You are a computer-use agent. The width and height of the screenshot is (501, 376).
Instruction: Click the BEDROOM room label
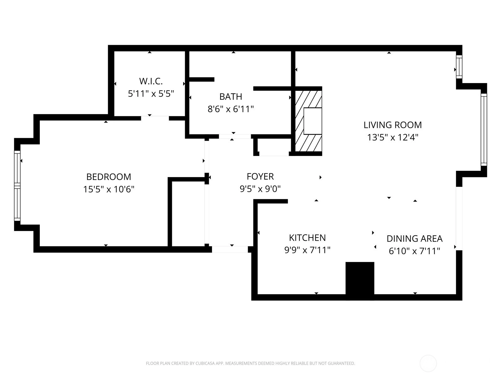click(x=109, y=177)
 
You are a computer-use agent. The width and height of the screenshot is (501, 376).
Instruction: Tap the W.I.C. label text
click(x=151, y=81)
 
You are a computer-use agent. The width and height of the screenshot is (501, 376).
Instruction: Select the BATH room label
click(x=230, y=97)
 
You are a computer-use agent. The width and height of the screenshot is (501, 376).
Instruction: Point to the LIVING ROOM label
click(x=393, y=125)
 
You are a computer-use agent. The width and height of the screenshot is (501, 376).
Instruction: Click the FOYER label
click(x=260, y=176)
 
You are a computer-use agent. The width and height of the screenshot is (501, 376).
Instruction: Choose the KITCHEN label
click(x=307, y=238)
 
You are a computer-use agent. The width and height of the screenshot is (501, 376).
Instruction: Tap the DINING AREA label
click(x=415, y=239)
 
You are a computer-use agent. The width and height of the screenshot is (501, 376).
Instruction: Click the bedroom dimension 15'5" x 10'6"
click(x=109, y=189)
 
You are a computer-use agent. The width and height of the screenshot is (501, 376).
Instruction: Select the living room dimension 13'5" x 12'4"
click(x=393, y=138)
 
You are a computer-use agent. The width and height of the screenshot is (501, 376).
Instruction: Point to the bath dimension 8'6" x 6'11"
click(x=230, y=109)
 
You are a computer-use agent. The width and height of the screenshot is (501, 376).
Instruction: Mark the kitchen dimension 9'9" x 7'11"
click(x=307, y=250)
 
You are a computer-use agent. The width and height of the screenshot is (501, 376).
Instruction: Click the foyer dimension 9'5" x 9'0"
click(x=260, y=189)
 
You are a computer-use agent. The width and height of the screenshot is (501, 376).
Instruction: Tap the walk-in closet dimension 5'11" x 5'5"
click(x=151, y=94)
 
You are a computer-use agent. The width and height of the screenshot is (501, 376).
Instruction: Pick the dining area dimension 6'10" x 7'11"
click(x=415, y=251)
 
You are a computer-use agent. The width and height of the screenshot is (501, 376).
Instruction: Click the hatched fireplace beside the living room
click(x=309, y=121)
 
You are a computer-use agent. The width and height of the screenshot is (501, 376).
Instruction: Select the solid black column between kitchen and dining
click(x=360, y=281)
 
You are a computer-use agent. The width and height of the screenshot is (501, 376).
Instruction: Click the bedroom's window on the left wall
click(x=17, y=186)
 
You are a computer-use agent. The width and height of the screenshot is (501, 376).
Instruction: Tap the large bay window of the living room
click(x=484, y=130)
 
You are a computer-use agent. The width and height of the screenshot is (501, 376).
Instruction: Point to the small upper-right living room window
click(x=459, y=67)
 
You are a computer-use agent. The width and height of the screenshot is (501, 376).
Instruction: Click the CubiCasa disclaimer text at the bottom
click(x=250, y=363)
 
